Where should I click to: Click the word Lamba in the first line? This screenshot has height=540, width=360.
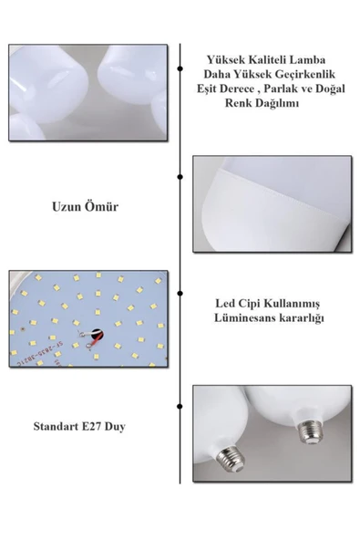coord(308,60)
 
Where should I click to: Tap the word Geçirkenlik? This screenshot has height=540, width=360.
coord(305,75)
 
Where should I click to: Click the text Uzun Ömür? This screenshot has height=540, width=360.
coord(85,207)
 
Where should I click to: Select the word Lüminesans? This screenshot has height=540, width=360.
coord(242,317)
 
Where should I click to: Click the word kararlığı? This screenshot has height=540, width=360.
coord(298,318)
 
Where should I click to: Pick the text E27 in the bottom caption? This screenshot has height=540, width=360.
coord(91,426)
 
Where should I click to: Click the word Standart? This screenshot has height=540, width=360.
coord(57,426)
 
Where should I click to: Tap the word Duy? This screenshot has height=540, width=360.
coord(115,427)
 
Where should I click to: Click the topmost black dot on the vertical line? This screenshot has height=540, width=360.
coord(180,69)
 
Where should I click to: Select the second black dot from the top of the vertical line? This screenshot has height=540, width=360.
coord(180,177)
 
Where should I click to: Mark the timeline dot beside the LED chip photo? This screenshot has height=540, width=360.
coord(180,294)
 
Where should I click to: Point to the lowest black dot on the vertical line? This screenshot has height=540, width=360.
coord(180,407)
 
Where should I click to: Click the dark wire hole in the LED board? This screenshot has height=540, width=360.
coord(98,334)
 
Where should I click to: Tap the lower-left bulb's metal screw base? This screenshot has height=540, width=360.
coord(231,459)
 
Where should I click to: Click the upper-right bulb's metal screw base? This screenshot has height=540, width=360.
coord(309,431)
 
